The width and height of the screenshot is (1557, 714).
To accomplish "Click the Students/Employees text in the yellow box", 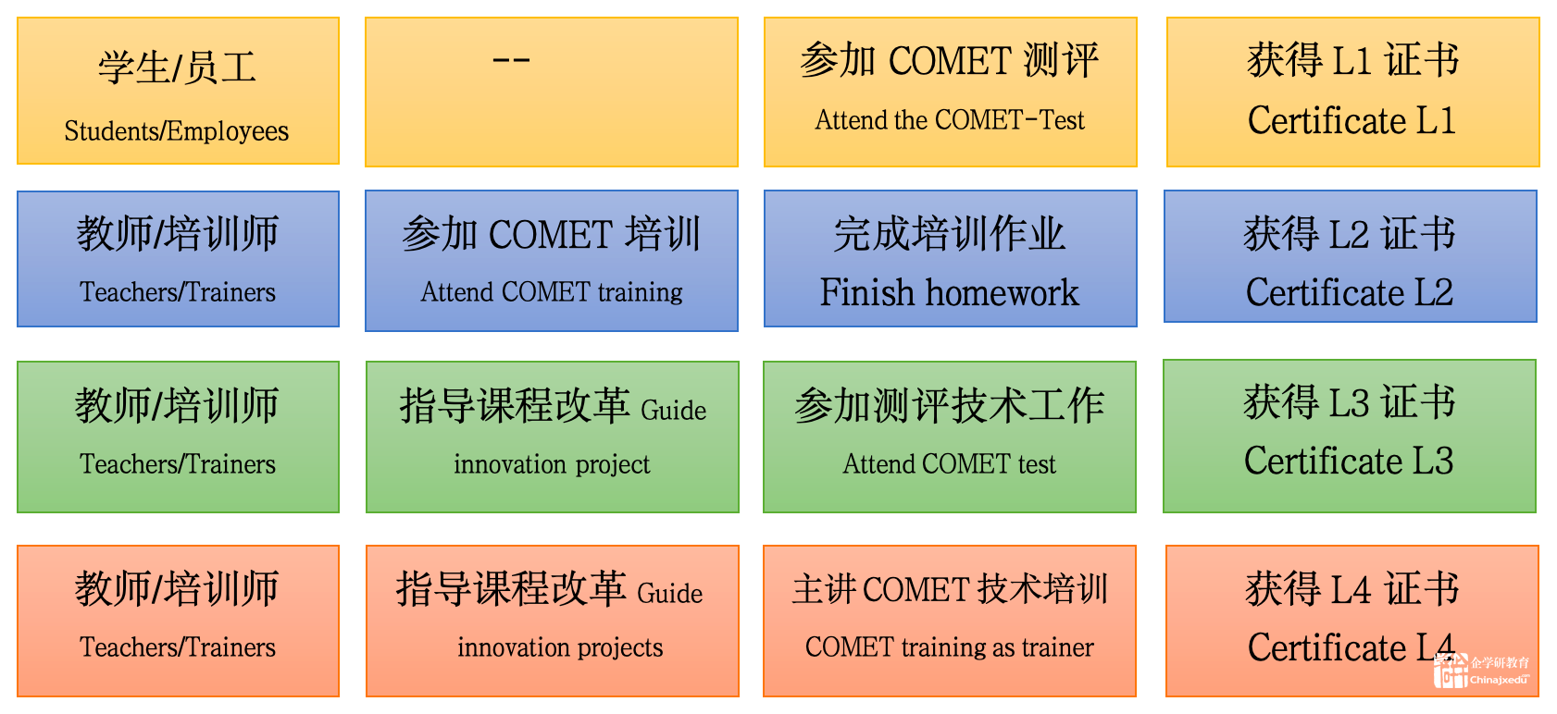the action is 177,131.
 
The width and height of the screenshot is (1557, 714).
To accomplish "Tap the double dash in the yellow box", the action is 511,61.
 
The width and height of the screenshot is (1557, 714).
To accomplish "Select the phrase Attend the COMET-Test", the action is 950,120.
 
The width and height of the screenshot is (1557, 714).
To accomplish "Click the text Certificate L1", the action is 1351,120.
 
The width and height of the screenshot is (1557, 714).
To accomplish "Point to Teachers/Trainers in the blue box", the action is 177,291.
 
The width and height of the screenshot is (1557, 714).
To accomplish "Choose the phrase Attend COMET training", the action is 551,292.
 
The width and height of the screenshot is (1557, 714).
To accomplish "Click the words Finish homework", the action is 949,291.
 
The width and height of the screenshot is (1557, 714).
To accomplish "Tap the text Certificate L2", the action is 1349,291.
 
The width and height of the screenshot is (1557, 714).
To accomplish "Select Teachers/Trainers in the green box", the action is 177,463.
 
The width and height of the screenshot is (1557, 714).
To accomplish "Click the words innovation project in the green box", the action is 552,464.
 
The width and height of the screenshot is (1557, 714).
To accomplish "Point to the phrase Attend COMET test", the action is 949,463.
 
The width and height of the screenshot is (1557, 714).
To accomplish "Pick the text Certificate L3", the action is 1349,461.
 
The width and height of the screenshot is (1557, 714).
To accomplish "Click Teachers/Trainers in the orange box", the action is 177,646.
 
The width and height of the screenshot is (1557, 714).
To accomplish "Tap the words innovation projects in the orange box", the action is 559,647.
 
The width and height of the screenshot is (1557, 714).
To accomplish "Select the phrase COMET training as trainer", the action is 949,646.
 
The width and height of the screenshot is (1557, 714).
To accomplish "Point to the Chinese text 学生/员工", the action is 177,68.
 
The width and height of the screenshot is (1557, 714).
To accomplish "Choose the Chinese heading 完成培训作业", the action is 949,233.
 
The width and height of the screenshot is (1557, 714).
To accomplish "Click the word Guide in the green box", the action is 673,410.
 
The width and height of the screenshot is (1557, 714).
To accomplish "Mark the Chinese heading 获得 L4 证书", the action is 1351,588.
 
